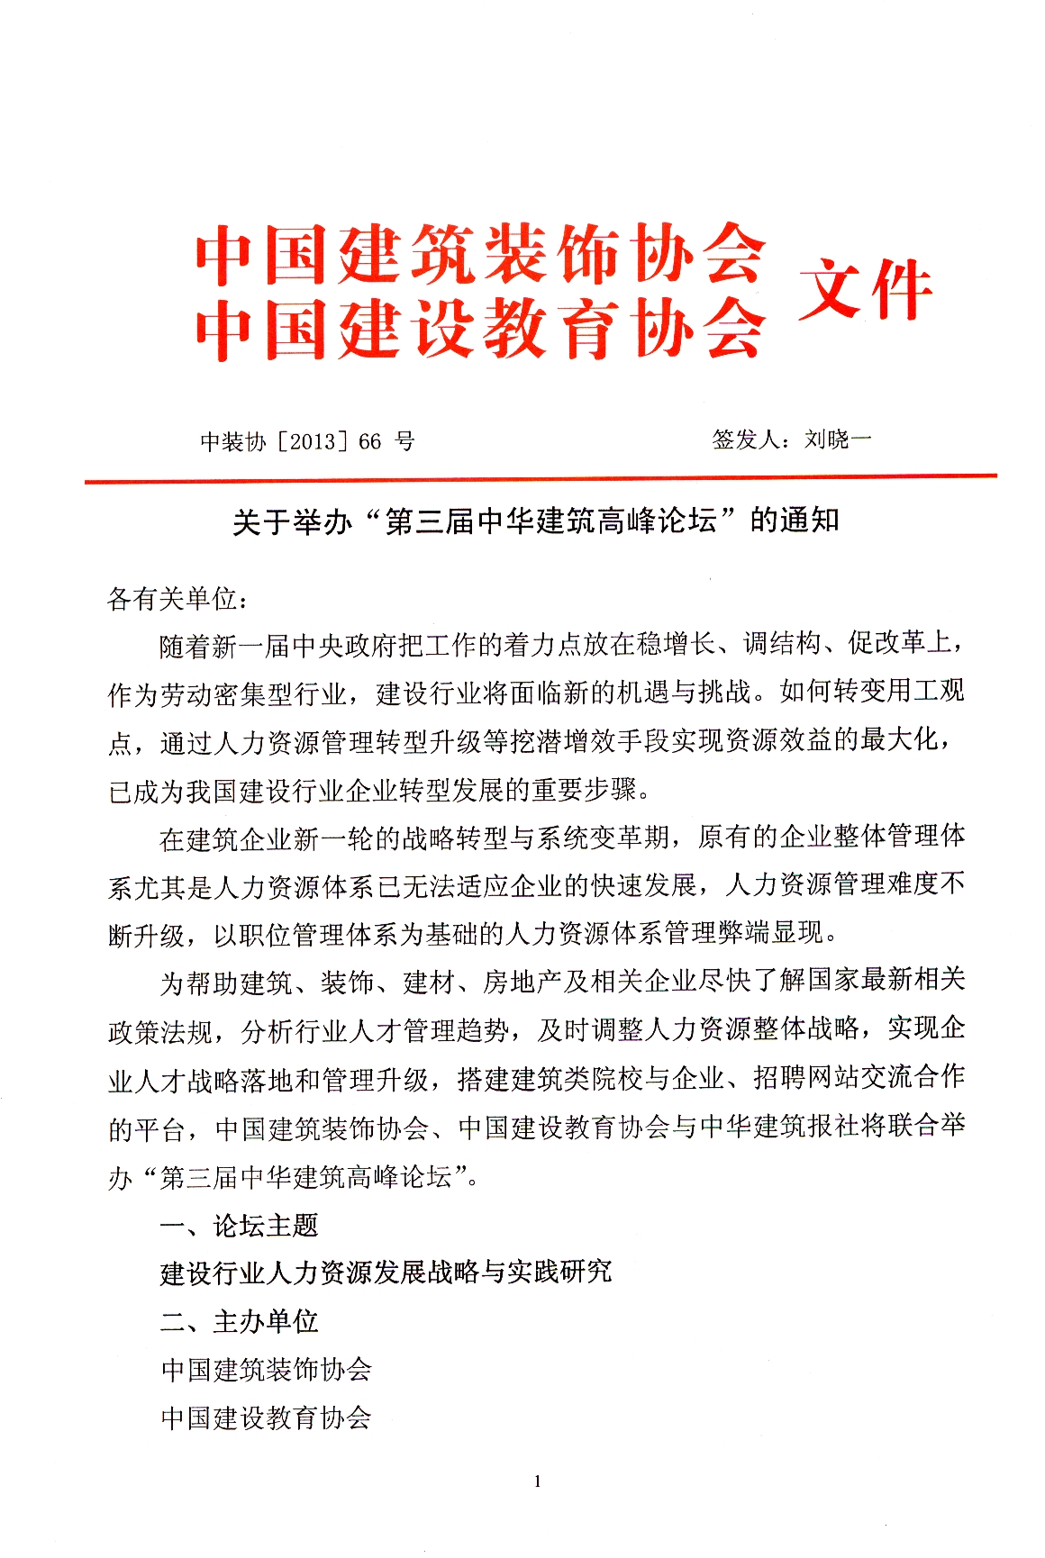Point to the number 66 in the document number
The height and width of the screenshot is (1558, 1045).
pyautogui.click(x=370, y=441)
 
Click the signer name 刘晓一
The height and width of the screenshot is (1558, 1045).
pyautogui.click(x=838, y=439)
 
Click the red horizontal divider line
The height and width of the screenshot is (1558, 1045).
pyautogui.click(x=541, y=478)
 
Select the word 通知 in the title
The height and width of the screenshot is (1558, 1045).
pyautogui.click(x=810, y=521)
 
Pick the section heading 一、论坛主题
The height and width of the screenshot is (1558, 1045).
pyautogui.click(x=239, y=1225)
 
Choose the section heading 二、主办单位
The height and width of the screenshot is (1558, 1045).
pyautogui.click(x=239, y=1321)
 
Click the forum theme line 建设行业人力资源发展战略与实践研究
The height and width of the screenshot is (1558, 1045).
pyautogui.click(x=386, y=1273)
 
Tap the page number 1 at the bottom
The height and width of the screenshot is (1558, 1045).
pyautogui.click(x=538, y=1481)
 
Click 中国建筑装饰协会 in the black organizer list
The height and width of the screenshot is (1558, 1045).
pyautogui.click(x=267, y=1370)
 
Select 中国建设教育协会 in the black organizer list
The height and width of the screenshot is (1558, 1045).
pyautogui.click(x=267, y=1418)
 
